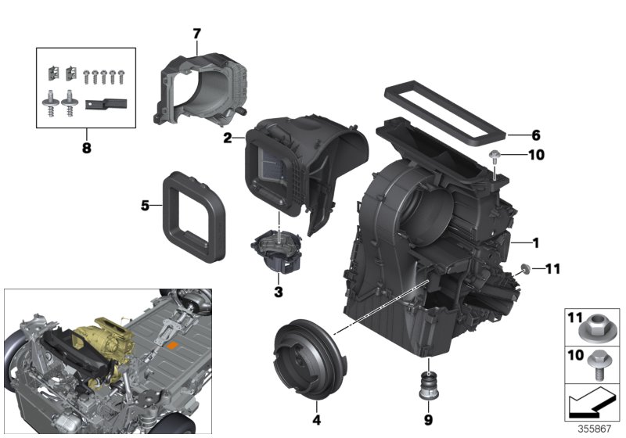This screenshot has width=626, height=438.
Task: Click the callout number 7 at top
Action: (196, 34)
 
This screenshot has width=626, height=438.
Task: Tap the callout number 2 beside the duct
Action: (227, 138)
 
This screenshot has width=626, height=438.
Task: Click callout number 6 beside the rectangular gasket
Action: (535, 135)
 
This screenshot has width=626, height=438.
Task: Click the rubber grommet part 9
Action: (429, 373)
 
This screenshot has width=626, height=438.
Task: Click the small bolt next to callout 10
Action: (496, 160)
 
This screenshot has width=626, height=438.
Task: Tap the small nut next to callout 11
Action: (525, 270)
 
